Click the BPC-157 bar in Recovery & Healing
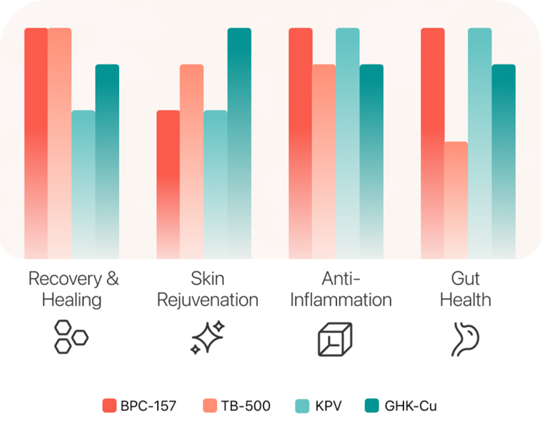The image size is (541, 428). coord(36,143)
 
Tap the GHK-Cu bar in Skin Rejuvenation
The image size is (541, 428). coord(239,143)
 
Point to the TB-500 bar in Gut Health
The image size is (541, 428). coord(456,200)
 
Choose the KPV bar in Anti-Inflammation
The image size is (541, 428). coord(348,143)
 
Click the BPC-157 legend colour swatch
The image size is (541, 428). coord(109,406)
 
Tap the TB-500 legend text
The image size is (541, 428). coord(246,406)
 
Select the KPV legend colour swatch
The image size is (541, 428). coord(302,406)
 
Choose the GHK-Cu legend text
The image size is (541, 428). coord(411,406)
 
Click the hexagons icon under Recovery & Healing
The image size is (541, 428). coord(71,337)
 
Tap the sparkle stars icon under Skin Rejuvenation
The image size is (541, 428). coord(208,337)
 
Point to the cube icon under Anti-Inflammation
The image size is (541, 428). coord(335,339)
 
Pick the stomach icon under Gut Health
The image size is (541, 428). coord(465,339)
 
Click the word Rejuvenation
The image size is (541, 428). coord(208,300)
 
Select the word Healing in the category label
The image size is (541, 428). coord(72,300)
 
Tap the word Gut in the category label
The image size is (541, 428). coord(465,279)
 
